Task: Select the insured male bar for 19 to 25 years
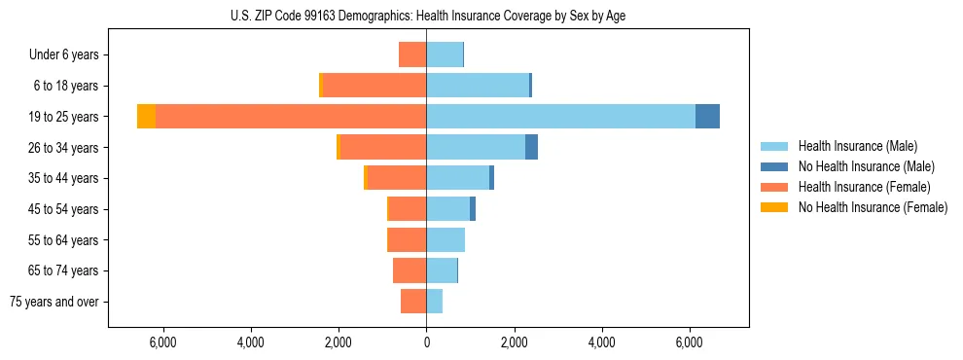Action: (x=560, y=117)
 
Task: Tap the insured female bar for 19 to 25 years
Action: (x=291, y=117)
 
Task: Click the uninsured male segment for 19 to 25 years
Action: (x=707, y=117)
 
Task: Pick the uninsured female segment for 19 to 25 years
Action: (x=146, y=117)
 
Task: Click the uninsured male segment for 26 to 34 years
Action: (x=531, y=147)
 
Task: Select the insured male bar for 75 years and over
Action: (x=434, y=302)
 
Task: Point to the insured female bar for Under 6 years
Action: (x=412, y=54)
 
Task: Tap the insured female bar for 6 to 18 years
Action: (x=374, y=86)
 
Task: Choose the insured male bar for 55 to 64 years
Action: (x=446, y=239)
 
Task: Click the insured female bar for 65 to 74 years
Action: (x=410, y=270)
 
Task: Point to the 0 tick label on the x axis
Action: (x=426, y=342)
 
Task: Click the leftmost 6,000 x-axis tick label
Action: (x=162, y=342)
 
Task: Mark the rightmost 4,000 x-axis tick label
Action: (x=601, y=342)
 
